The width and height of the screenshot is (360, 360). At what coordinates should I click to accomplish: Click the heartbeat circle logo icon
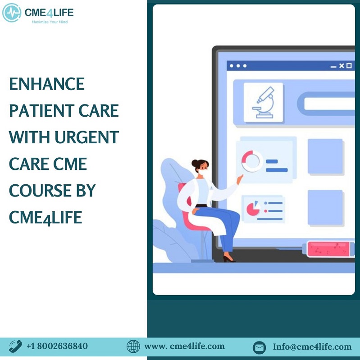12,13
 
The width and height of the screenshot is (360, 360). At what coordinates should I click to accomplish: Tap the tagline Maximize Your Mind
50,22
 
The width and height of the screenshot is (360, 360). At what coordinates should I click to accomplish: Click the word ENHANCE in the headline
47,84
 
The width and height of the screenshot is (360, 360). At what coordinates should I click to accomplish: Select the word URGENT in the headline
87,137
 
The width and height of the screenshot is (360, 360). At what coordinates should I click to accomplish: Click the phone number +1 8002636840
57,346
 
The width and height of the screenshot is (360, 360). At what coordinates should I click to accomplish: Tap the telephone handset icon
15,346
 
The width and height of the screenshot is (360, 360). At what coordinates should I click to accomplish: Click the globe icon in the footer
133,346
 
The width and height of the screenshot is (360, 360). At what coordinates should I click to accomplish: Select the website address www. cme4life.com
184,346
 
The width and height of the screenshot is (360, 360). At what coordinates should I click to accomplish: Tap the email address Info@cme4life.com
312,346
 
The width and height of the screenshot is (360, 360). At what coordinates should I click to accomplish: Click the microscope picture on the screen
263,102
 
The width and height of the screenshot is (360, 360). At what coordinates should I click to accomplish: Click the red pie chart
253,209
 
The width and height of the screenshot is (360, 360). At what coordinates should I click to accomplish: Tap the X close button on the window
342,66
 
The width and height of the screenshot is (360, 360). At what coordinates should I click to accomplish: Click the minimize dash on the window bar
333,67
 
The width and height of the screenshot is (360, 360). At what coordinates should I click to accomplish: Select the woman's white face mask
202,172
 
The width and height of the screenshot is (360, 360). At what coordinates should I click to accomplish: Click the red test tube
329,249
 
